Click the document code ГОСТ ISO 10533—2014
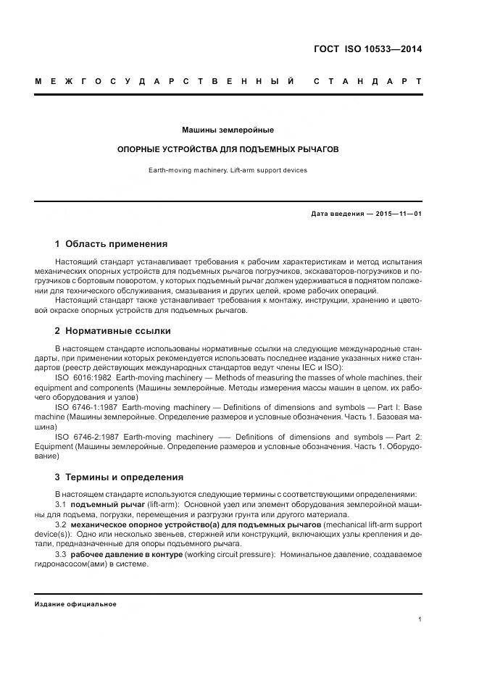(x=367, y=50)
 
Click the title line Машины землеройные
(x=228, y=130)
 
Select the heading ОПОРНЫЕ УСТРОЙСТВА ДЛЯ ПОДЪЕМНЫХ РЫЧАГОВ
(x=228, y=149)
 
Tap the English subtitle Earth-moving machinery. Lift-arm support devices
(x=228, y=170)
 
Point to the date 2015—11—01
(x=397, y=214)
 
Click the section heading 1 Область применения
(x=111, y=243)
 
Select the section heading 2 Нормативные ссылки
(x=113, y=330)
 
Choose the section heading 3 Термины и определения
(x=119, y=477)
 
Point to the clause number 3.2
(x=61, y=524)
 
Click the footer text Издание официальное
(x=75, y=603)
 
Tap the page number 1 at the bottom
(x=421, y=619)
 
